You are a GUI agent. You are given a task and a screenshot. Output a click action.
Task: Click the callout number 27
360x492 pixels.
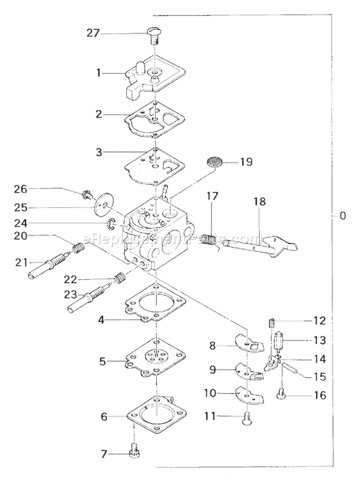click(93, 34)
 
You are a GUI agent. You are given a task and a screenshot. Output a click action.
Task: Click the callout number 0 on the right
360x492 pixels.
click(342, 216)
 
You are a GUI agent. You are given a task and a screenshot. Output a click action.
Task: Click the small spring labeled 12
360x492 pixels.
click(271, 322)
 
